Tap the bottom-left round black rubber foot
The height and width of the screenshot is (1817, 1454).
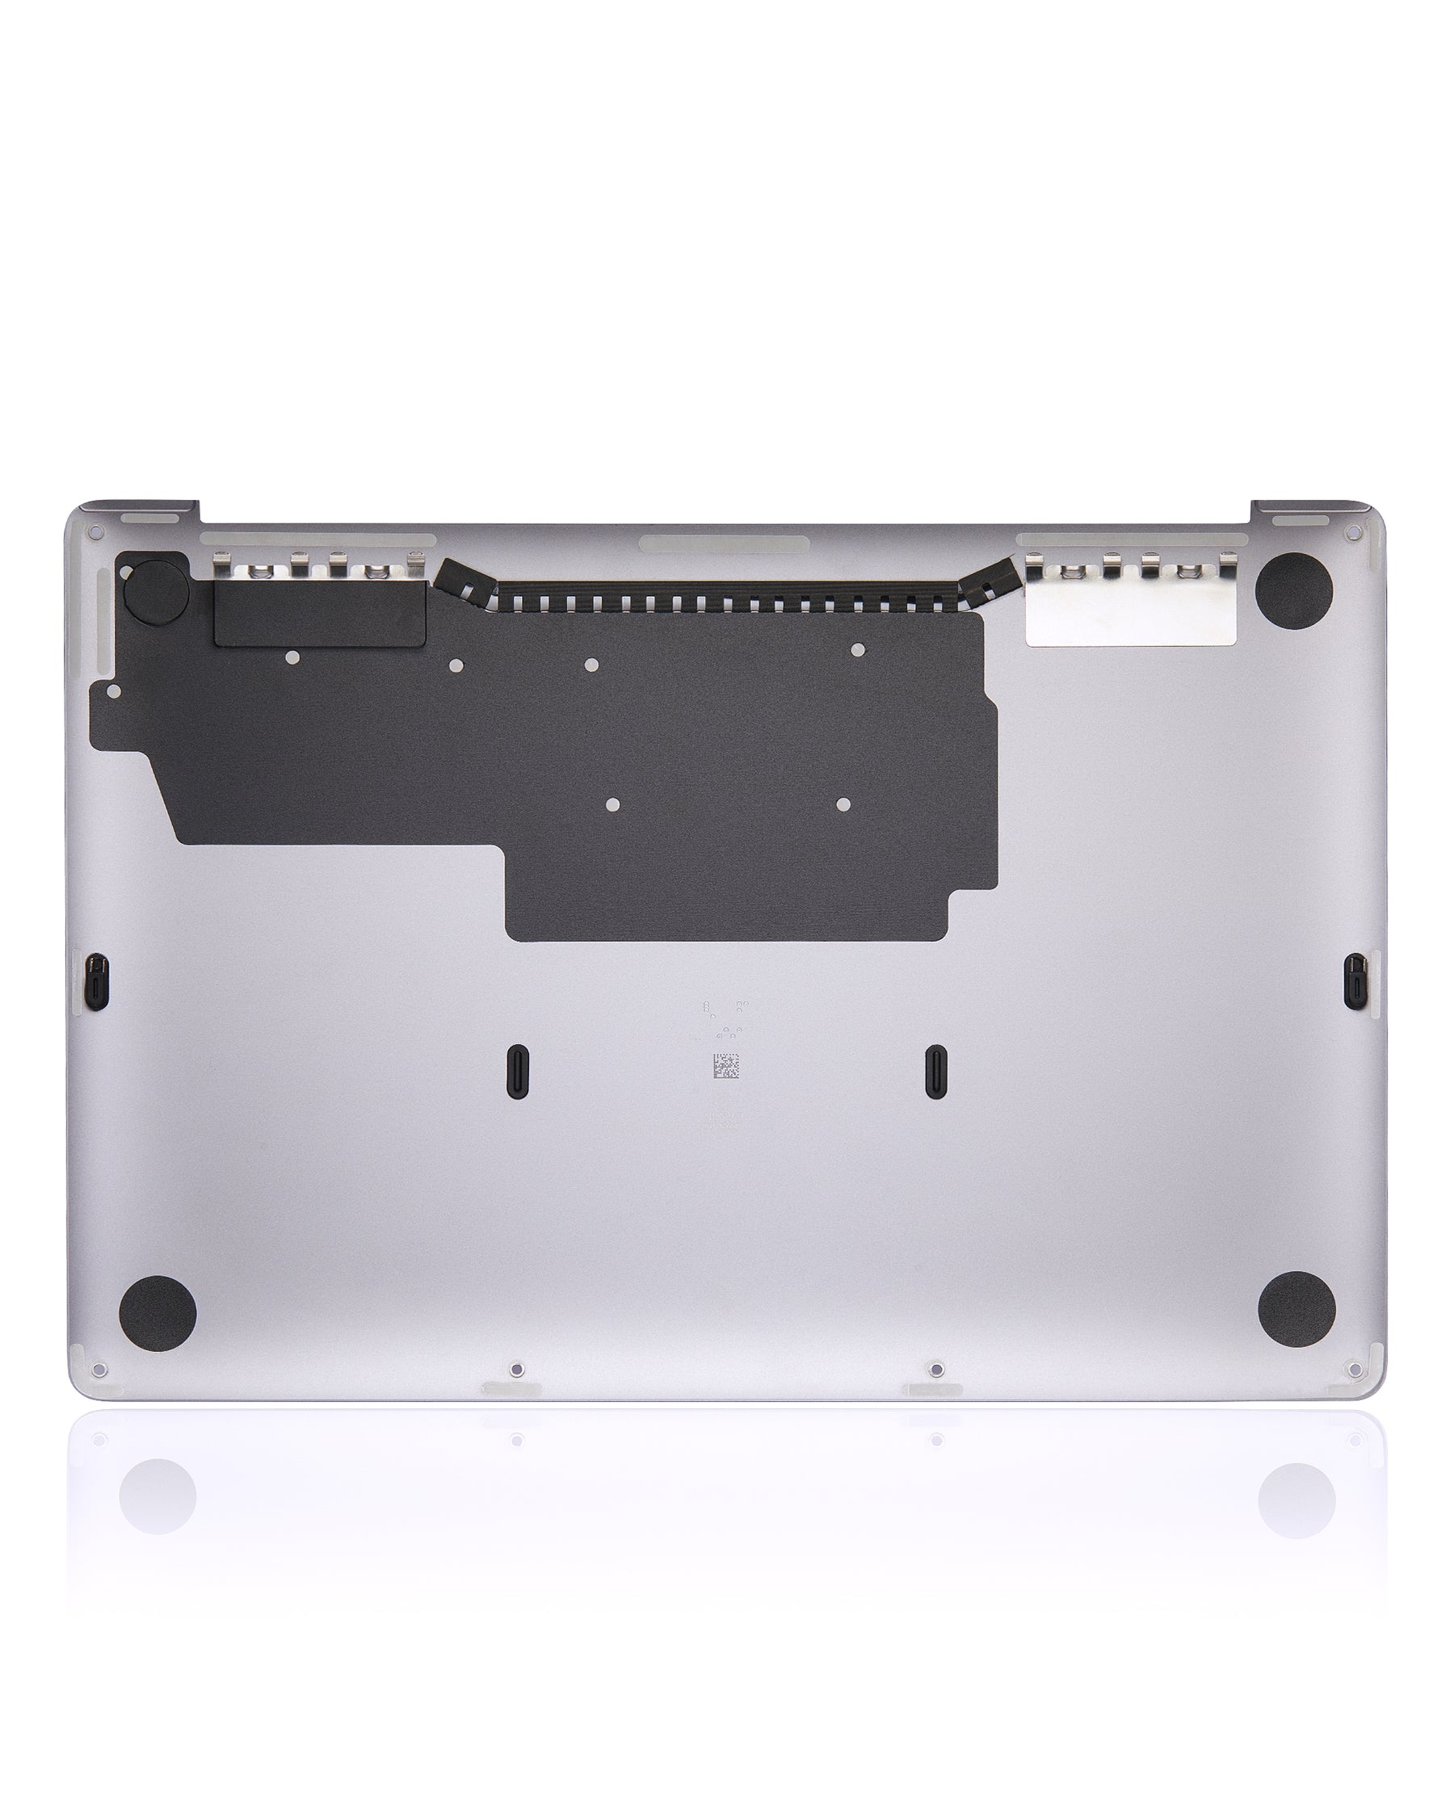158,1314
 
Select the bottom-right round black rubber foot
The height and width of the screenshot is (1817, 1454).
1296,1310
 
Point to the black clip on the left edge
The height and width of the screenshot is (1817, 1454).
98,981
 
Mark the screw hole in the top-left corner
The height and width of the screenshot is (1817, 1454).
96,534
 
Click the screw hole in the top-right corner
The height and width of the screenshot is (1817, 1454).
1355,534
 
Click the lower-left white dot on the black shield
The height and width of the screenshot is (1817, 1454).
613,805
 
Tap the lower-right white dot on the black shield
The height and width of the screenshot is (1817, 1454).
842,804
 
